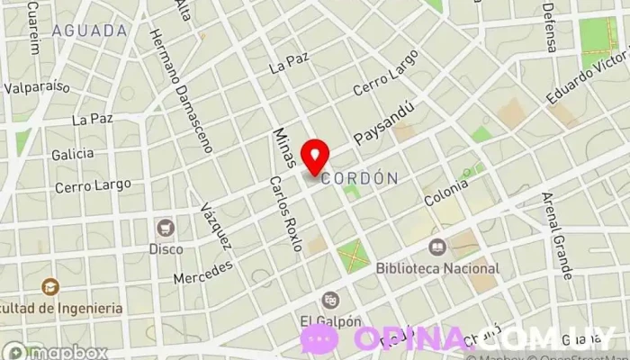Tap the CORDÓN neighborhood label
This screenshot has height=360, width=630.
click(359, 178)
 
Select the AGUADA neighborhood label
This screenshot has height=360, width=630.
click(89, 31)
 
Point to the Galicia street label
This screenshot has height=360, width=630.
click(73, 154)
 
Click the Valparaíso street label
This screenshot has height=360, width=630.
click(37, 87)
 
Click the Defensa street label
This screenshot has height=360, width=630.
click(548, 27)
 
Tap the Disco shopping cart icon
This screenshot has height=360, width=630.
click(165, 227)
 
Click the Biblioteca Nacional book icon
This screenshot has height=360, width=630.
click(436, 246)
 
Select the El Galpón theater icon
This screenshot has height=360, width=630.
click(330, 299)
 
